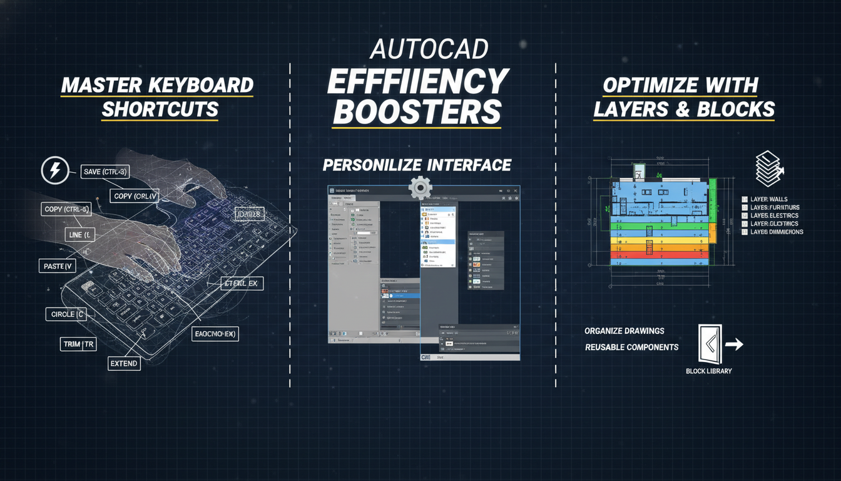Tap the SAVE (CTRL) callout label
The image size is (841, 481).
point(105,172)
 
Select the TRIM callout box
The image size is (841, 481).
point(78,344)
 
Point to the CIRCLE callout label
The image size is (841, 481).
point(64,314)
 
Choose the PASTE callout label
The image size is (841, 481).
point(58,266)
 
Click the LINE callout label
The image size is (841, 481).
point(79,235)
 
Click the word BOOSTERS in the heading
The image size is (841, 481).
point(417,111)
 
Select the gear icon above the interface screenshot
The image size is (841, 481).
point(420,187)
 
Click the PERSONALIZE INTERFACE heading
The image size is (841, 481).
point(417,165)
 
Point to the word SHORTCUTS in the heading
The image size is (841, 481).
point(160,110)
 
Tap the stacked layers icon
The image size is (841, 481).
point(769,167)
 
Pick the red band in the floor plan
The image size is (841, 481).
point(662,256)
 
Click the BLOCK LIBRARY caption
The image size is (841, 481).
point(709,371)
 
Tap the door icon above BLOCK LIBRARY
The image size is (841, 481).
point(710,343)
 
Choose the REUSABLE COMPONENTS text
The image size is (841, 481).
point(631,347)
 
